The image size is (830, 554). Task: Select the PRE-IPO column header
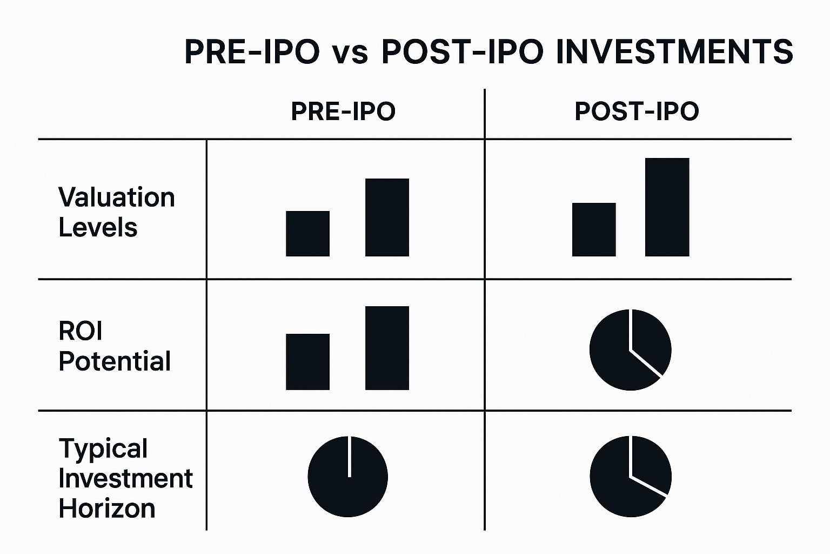(343, 111)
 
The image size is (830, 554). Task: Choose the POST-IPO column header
(637, 111)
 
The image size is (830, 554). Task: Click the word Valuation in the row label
(116, 197)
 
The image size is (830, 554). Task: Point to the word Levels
(98, 227)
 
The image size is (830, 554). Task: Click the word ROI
(80, 331)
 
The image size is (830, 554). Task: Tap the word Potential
(115, 361)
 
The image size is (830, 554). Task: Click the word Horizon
(106, 509)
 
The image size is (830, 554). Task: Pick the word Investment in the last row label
(125, 478)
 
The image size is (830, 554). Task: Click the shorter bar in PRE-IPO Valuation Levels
(307, 233)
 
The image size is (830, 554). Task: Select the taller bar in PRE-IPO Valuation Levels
(387, 217)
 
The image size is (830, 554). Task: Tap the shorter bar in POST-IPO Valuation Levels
(594, 229)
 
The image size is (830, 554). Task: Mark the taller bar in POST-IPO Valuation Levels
(667, 207)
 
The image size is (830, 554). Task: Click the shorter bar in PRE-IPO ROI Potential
(307, 362)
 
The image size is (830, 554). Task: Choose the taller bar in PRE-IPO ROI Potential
(387, 348)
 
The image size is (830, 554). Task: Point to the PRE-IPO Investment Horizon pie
(347, 477)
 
